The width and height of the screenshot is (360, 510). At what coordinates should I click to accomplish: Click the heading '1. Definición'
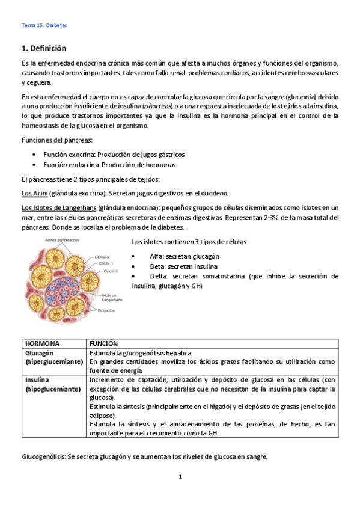43,48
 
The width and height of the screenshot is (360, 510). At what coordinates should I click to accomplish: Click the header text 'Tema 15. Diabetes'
44,26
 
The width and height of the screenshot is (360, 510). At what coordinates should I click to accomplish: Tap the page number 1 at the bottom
180,477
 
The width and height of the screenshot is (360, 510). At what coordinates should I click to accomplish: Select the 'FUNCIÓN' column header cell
103,343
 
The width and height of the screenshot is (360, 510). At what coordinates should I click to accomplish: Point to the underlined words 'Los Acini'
34,193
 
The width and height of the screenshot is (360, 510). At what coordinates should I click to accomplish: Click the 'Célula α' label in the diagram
103,257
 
